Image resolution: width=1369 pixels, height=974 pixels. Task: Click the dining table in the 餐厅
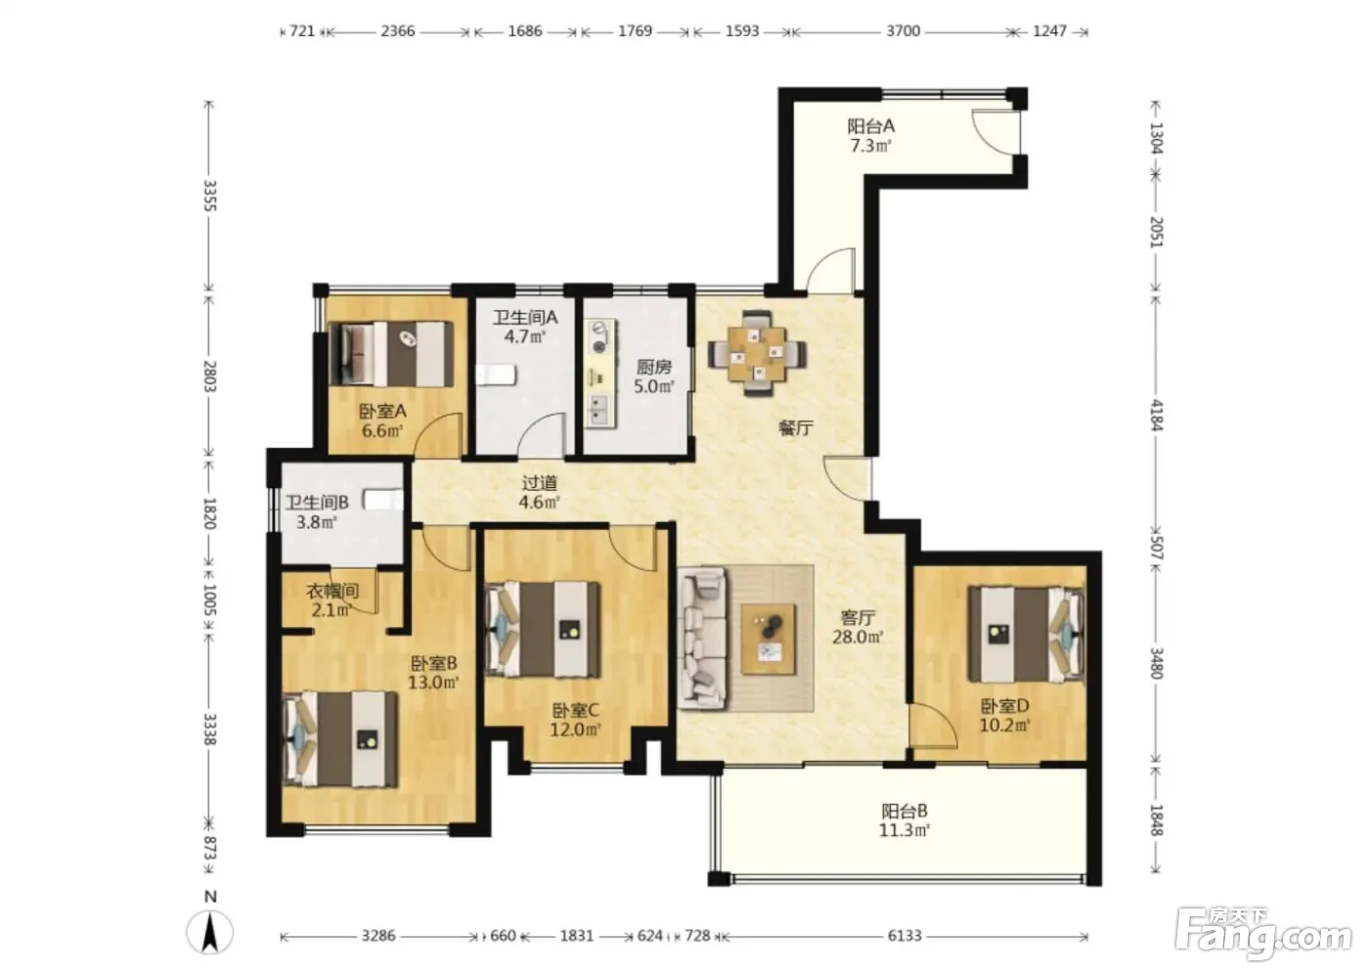coord(757,353)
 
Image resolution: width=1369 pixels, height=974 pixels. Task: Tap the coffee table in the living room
coord(769,640)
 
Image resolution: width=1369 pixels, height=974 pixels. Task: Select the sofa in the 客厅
coord(702,638)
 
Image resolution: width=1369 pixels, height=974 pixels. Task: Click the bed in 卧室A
coord(391,354)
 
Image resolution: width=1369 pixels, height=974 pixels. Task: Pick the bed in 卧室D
coord(1027,635)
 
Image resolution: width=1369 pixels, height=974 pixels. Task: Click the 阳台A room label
coord(870,126)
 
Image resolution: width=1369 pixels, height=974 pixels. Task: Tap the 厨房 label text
coord(653,367)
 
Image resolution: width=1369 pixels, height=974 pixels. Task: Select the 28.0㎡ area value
coord(858,638)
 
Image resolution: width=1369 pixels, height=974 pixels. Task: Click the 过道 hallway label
coord(539,483)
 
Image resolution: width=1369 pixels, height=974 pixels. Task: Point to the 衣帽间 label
coord(331,591)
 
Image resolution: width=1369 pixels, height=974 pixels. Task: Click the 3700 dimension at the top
coord(903,30)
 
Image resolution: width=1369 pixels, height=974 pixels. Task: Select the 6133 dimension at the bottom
coord(904,936)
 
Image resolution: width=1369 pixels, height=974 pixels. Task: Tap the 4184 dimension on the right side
coord(1156,415)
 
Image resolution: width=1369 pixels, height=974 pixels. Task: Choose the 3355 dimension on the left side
coord(209,196)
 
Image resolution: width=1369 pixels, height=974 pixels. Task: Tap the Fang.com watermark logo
coord(1263,933)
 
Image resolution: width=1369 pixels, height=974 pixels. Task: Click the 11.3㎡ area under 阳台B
coord(904,830)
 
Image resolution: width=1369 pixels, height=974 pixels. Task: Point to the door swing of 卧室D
coord(932,726)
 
